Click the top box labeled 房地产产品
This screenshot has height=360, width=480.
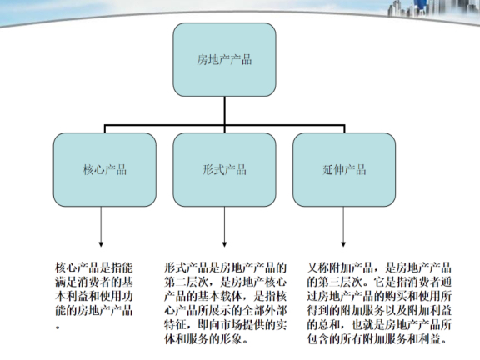224,60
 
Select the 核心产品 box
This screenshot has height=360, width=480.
104,170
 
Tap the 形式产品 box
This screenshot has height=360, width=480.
224,170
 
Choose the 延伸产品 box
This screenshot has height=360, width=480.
344,170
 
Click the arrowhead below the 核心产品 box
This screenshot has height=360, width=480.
104,244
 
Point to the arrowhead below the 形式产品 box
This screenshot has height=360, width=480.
224,244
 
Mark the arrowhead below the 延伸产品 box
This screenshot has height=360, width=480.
344,244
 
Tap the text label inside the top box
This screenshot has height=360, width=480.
224,60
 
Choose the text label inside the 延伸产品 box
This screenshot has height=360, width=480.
344,170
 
